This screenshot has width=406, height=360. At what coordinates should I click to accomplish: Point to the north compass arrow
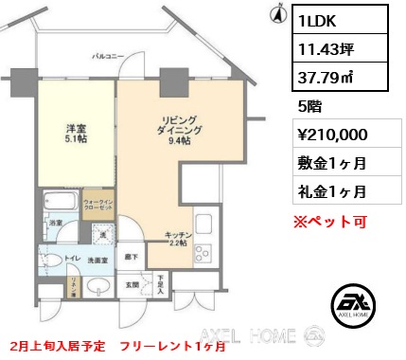click(278, 13)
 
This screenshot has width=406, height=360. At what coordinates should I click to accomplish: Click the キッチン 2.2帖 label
click(179, 238)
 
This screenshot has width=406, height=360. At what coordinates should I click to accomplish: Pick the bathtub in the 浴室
click(59, 203)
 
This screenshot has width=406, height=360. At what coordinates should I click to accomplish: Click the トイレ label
click(69, 257)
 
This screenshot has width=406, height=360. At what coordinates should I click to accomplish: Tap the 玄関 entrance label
click(132, 283)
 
